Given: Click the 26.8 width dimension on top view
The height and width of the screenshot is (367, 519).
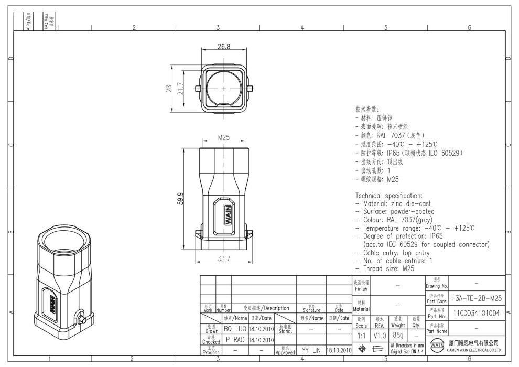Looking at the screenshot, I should (x=224, y=47).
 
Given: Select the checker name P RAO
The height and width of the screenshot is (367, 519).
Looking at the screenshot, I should (x=235, y=340).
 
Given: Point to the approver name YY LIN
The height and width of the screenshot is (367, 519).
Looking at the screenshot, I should (x=311, y=350).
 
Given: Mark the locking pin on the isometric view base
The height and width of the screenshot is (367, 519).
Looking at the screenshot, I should (x=81, y=318).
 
